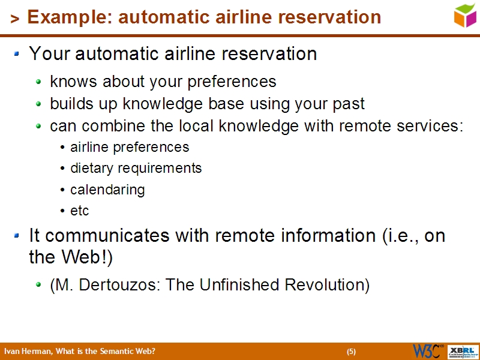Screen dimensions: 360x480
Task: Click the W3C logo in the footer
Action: pyautogui.click(x=427, y=351)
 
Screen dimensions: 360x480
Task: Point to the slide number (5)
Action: pyautogui.click(x=351, y=352)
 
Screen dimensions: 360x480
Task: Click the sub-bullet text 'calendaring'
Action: pyautogui.click(x=107, y=190)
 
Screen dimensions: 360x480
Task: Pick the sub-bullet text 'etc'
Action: pyautogui.click(x=79, y=211)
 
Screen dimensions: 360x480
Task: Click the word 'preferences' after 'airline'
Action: pyautogui.click(x=155, y=147)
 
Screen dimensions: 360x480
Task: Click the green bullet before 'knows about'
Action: pyautogui.click(x=39, y=81)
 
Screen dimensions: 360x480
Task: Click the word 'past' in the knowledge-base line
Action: pyautogui.click(x=347, y=104)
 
